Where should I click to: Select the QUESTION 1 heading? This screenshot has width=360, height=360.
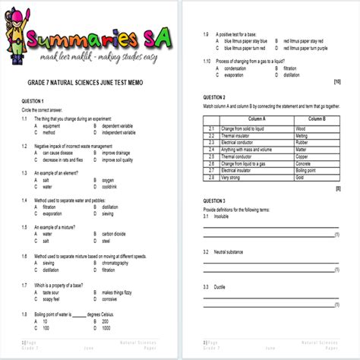pos(31,102)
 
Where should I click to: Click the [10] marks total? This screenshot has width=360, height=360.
pos(336,81)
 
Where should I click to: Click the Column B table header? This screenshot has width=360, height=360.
pos(312,120)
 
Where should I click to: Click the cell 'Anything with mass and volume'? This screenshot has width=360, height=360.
pos(251,150)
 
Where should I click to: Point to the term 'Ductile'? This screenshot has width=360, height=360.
pos(222,286)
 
